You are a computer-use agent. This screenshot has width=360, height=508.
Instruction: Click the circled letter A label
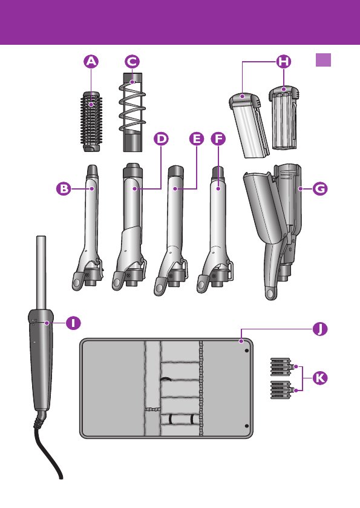tap(91, 62)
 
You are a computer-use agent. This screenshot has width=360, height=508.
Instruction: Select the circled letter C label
tap(132, 62)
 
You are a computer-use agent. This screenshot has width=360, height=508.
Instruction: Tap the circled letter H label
tap(284, 62)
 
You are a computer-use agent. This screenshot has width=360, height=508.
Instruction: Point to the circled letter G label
tap(320, 188)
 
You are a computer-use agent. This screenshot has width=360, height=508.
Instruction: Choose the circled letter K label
tap(320, 378)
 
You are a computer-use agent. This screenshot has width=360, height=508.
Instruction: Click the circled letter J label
tap(320, 329)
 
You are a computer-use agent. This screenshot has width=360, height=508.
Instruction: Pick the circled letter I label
tap(73, 323)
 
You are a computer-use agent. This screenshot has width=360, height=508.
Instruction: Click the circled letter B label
tap(64, 188)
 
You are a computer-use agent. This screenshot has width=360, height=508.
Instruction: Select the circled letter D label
tap(161, 139)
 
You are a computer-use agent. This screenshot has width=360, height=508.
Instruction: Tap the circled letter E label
tap(197, 139)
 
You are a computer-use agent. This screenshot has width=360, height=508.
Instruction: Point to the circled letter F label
tap(218, 139)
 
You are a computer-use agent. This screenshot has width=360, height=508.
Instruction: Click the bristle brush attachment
tap(91, 122)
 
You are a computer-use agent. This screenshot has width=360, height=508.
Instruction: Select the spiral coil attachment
tap(133, 112)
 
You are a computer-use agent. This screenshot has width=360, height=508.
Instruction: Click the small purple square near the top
tap(324, 60)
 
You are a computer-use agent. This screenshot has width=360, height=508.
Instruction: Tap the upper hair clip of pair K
tap(283, 366)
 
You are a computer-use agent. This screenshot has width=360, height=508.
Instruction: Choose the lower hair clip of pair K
tap(283, 390)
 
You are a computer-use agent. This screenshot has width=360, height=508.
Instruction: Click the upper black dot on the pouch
tap(247, 351)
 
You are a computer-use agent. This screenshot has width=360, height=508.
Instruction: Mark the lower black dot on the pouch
tap(247, 426)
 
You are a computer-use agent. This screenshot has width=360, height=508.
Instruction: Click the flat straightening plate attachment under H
tap(249, 126)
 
